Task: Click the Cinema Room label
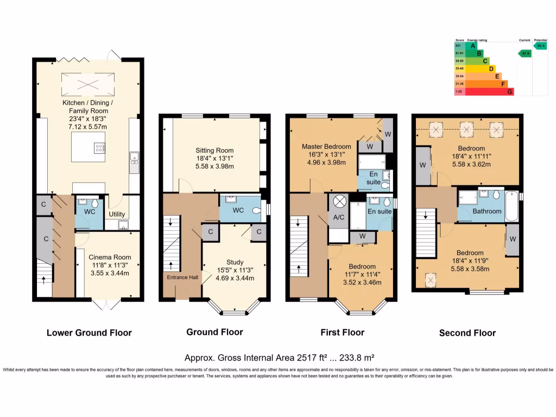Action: pyautogui.click(x=109, y=257)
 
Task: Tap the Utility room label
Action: pyautogui.click(x=117, y=214)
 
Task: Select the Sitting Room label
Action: pyautogui.click(x=214, y=150)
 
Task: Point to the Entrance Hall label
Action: pyautogui.click(x=182, y=277)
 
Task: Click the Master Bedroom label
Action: pyautogui.click(x=324, y=146)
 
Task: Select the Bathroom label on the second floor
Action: pyautogui.click(x=486, y=211)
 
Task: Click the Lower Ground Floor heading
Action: pyautogui.click(x=89, y=333)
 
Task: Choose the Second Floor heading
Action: pyautogui.click(x=467, y=333)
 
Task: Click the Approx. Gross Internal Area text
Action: pyautogui.click(x=280, y=358)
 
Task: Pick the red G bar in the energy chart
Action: pyautogui.click(x=489, y=92)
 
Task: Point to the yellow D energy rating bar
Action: pyautogui.click(x=481, y=68)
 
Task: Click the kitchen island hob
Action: pyautogui.click(x=100, y=147)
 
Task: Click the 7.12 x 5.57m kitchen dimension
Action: pyautogui.click(x=89, y=126)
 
